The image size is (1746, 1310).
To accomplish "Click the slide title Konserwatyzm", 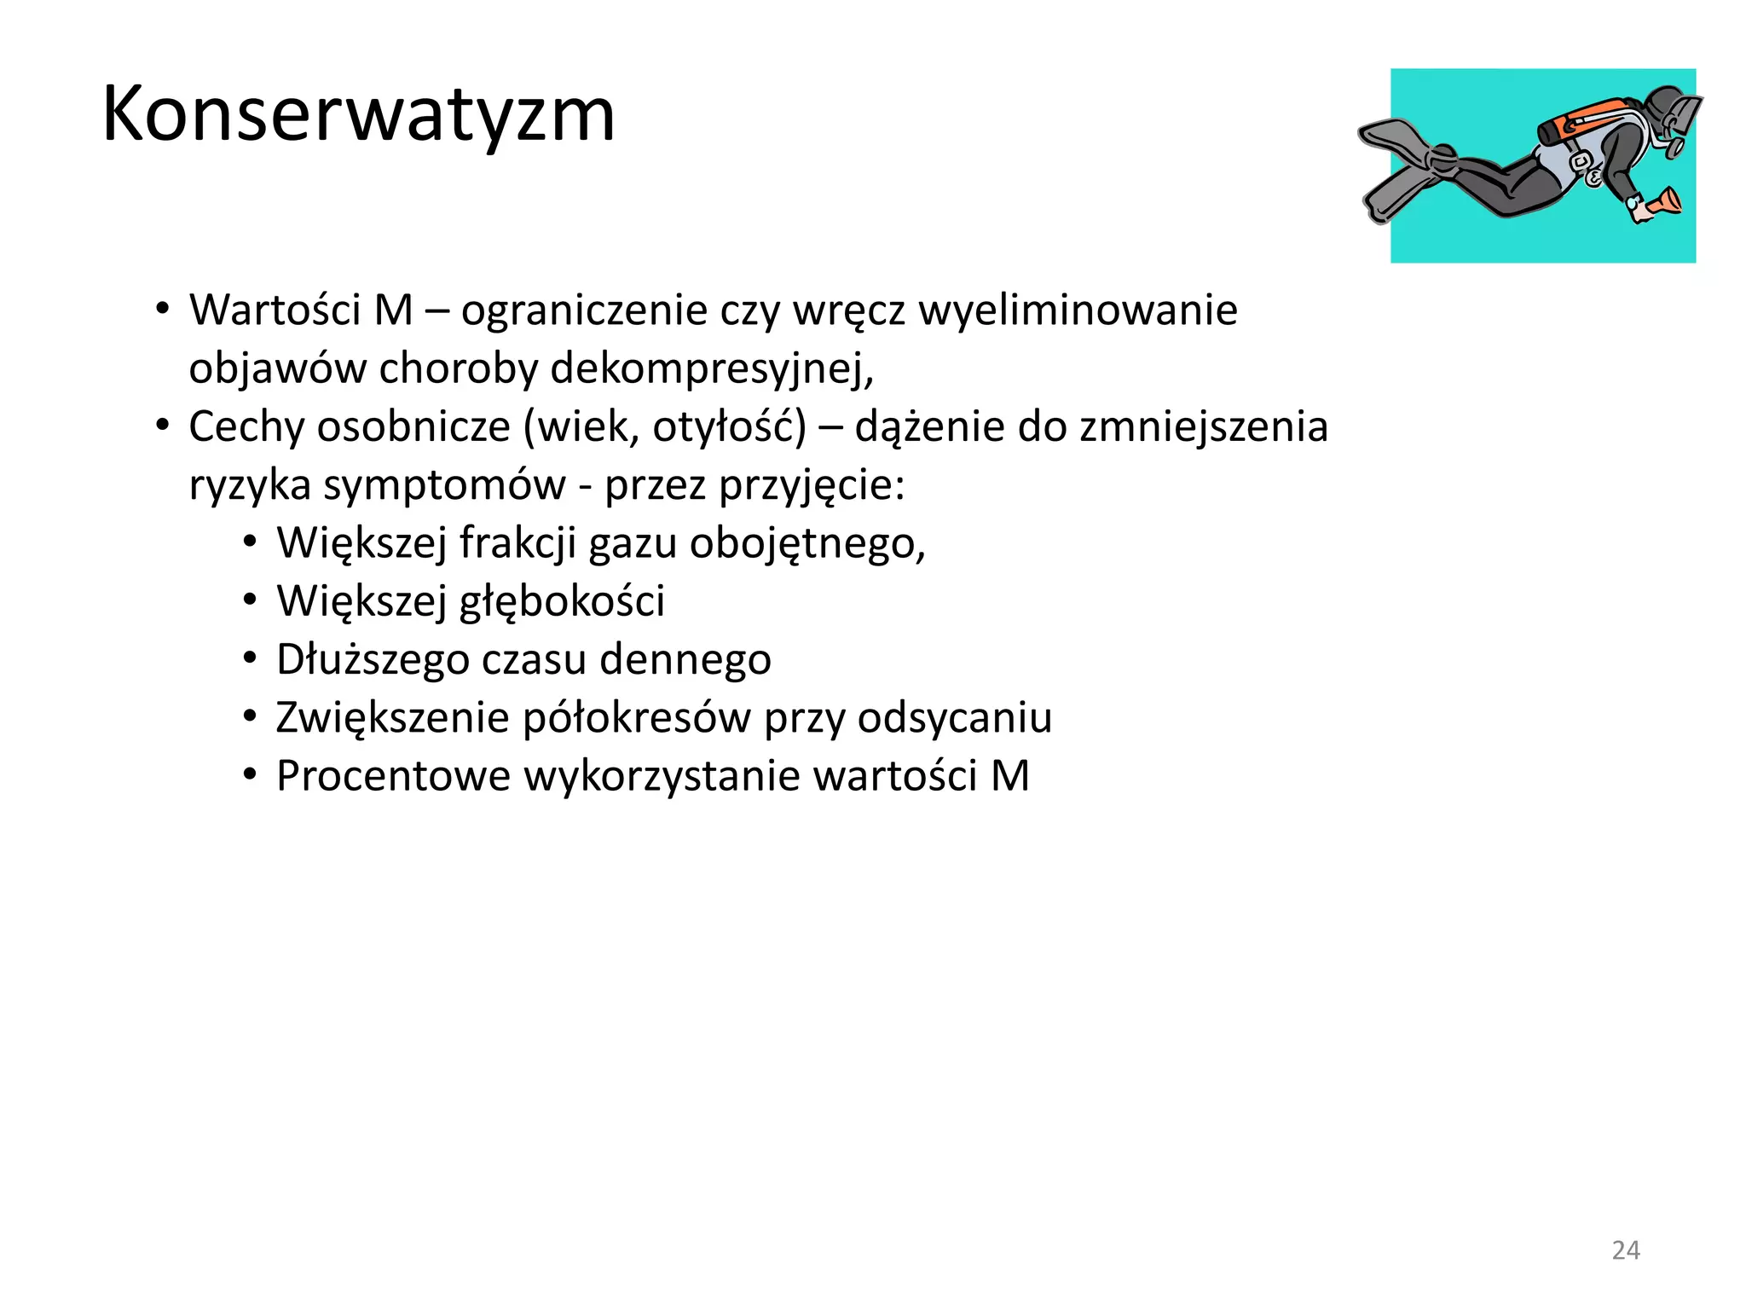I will pos(358,115).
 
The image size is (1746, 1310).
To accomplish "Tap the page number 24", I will pos(1626,1250).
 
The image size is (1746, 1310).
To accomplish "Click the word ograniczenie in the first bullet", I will pos(584,310).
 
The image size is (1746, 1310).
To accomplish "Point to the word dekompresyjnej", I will pos(711,368).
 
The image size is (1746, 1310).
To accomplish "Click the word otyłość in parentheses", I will pos(729,426).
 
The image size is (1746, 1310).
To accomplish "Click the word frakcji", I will pos(517,543).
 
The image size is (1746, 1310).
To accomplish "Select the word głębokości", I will pos(562,601).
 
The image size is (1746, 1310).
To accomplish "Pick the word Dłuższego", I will pos(373,659).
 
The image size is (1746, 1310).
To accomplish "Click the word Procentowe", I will pos(393,776).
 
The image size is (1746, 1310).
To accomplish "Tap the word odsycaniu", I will pos(955,718).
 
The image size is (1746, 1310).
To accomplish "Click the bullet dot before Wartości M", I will pos(162,309).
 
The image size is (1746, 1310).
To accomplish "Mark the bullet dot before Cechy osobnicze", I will pos(162,425).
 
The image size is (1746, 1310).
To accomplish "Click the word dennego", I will pos(685,659).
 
